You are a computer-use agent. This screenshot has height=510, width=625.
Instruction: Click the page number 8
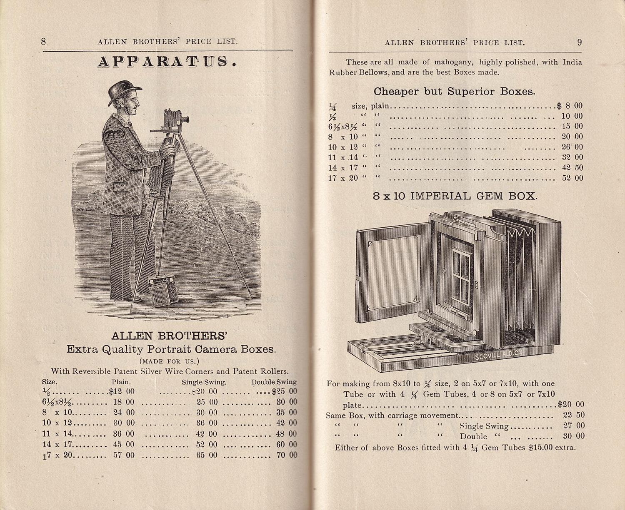[43, 41]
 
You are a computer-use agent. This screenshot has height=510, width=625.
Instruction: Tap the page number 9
[580, 42]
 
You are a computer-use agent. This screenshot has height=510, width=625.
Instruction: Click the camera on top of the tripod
[175, 119]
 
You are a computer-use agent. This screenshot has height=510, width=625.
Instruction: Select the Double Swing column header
[274, 382]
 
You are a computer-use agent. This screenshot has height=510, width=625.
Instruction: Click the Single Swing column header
[204, 382]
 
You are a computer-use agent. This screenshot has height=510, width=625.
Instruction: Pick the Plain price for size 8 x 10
[124, 413]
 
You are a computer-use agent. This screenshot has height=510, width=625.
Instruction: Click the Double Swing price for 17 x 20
[287, 455]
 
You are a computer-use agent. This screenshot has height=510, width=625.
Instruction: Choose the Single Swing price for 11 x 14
[207, 434]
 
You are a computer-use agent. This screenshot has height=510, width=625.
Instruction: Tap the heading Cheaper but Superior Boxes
[454, 91]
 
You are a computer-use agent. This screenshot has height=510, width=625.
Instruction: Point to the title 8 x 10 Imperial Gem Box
[455, 196]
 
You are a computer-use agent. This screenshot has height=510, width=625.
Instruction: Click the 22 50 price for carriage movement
[574, 415]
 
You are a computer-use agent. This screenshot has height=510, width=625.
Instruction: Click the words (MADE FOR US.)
[171, 361]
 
